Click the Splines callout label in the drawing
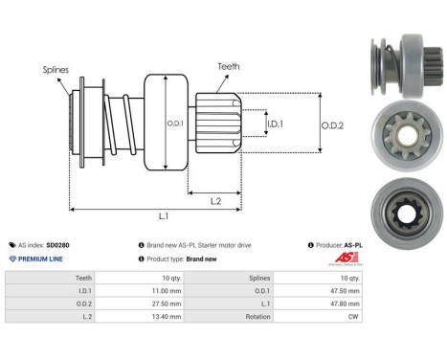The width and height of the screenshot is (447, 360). coord(55,70)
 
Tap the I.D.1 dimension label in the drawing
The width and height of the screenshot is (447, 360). coord(275,124)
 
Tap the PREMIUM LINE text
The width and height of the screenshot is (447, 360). coord(40,259)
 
